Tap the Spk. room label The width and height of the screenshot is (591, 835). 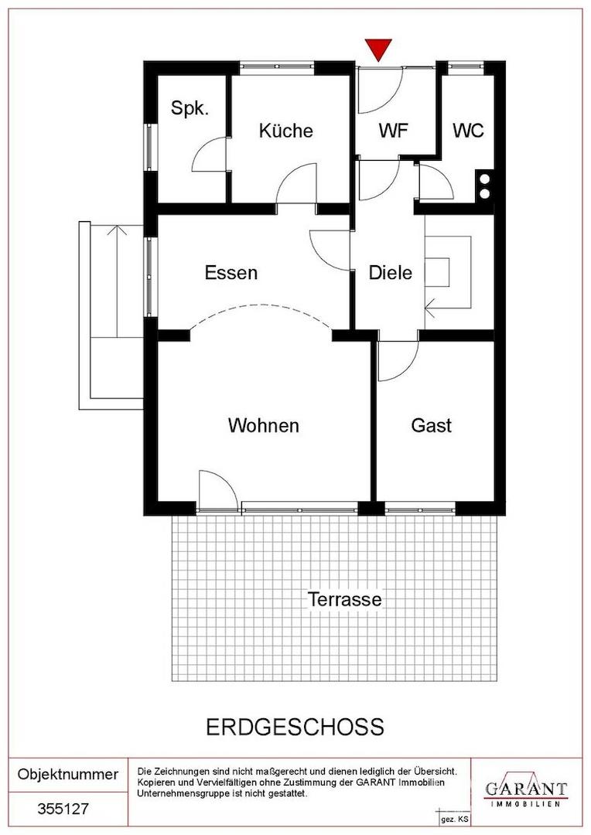tap(190, 109)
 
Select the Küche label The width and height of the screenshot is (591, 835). tap(285, 131)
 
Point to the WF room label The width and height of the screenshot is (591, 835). tap(393, 131)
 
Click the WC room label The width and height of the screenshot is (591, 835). tap(469, 131)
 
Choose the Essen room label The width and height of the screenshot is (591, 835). tap(231, 273)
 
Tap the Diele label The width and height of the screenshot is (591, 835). tap(391, 273)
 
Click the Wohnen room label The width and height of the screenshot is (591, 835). tap(263, 425)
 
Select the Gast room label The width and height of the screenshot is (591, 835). tap(431, 425)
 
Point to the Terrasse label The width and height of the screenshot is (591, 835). tap(345, 599)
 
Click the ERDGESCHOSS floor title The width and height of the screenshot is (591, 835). tap(295, 727)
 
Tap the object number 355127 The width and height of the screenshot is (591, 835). tap(63, 809)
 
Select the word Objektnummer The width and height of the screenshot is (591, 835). tap(67, 774)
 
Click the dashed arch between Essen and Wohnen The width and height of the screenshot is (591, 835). tap(261, 308)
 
